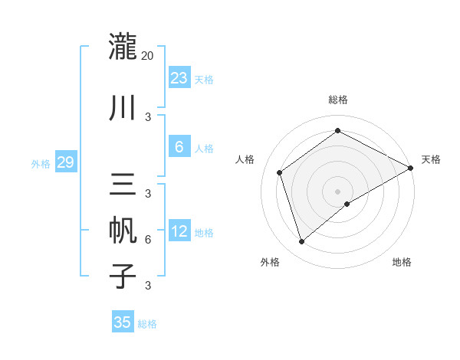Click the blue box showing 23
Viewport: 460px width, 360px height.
point(179,78)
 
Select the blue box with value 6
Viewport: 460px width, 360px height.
point(179,147)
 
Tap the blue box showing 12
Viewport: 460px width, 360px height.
point(179,231)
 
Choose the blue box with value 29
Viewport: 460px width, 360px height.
point(65,162)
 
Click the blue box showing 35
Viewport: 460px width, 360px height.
point(123,322)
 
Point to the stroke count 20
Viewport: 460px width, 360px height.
point(148,55)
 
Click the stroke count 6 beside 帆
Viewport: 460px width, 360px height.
point(148,239)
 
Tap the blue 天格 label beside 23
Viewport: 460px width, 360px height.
point(204,80)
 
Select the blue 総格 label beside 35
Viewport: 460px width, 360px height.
point(147,324)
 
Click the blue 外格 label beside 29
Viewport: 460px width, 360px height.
point(40,163)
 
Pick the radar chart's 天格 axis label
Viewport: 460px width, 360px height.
point(431,159)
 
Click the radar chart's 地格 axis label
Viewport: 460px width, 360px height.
point(402,263)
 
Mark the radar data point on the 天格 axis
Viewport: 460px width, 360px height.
point(411,168)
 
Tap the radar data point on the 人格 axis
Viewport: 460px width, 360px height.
point(280,172)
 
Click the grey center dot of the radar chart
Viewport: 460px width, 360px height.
point(337,191)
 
